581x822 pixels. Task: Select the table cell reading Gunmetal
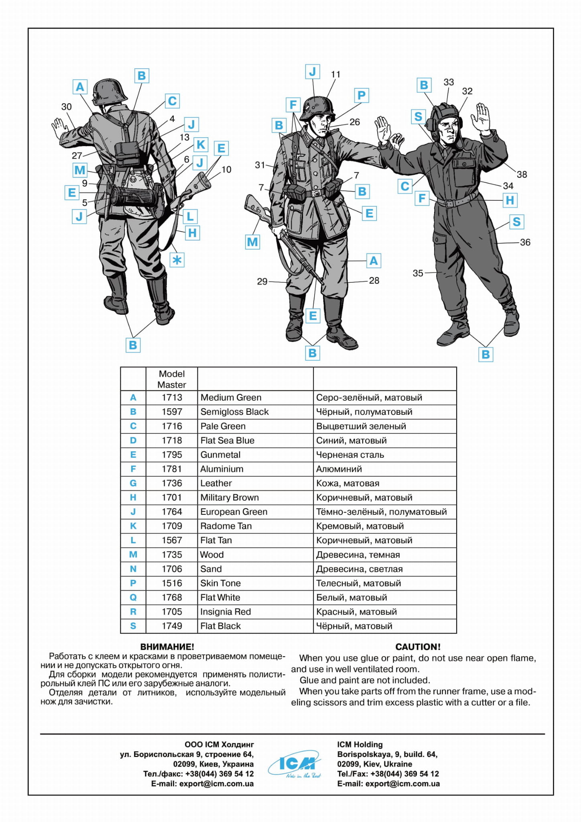coord(220,455)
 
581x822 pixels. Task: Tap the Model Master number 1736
coord(172,483)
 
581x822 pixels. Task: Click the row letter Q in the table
coord(133,598)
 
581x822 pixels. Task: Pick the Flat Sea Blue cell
coord(227,441)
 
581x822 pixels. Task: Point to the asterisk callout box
coord(177,260)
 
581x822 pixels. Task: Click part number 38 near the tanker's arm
coord(522,174)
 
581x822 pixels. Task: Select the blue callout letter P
coord(361,96)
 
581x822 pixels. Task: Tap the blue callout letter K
coord(201,144)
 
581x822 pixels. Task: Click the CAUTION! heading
coord(418,647)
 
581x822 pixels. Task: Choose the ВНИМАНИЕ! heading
coord(167,647)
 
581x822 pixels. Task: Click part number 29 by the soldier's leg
coord(262,281)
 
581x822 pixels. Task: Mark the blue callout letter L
coord(190,216)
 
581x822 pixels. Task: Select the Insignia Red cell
coord(225,612)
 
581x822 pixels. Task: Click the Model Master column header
coord(172,379)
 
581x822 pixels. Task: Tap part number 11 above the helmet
coord(335,74)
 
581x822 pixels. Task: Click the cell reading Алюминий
coord(339,469)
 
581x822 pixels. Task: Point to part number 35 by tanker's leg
coord(418,273)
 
